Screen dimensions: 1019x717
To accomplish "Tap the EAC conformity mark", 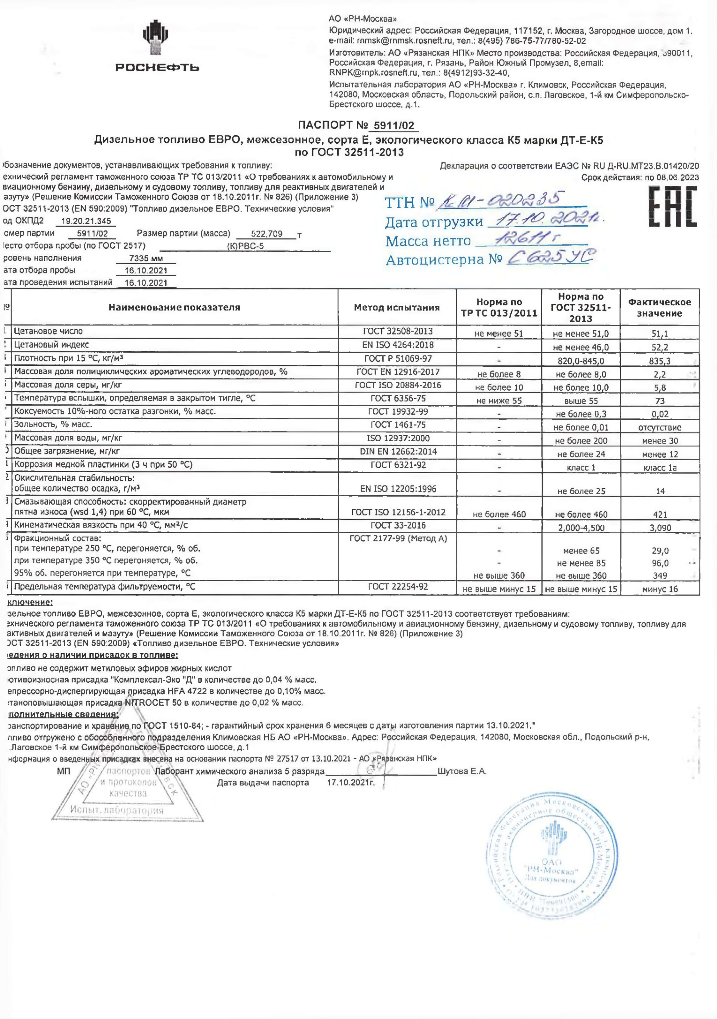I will coord(674,207).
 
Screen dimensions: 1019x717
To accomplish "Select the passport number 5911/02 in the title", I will coord(394,126).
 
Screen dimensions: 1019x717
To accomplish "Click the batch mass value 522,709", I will coord(266,234).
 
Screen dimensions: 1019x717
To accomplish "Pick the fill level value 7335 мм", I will coord(146,258).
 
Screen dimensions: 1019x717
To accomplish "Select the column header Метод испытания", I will coord(397,307).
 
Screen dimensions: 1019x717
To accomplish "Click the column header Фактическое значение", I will coord(659,307).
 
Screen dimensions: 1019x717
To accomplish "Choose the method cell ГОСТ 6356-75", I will coord(397,398).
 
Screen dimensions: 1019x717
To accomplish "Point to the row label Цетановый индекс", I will coord(52,345).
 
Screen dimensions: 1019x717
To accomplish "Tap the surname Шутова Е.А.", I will coord(462,771).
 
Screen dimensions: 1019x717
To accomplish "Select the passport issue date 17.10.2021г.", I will coord(351,783).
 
